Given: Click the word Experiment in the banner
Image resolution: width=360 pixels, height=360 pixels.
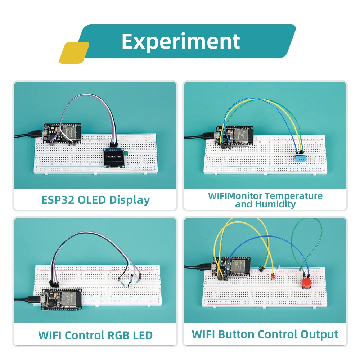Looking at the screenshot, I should click(x=181, y=41).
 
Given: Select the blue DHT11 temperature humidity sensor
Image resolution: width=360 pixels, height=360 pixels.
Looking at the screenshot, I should click(x=300, y=157).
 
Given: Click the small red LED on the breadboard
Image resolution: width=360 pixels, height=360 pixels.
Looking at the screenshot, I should click(x=273, y=276).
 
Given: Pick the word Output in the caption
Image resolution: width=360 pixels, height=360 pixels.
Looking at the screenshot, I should click(x=318, y=334).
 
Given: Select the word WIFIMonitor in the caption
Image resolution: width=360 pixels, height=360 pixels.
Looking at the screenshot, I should click(x=235, y=196).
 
